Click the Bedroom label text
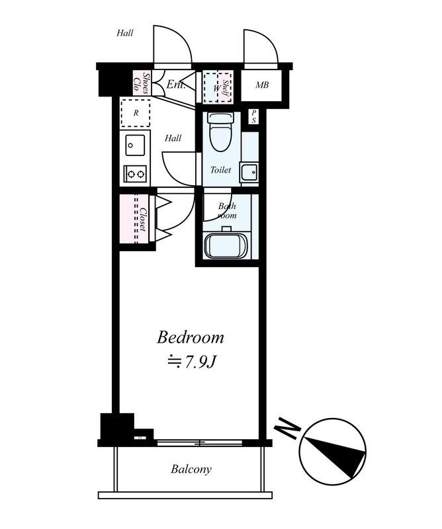coord(190,337)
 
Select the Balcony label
coord(191,469)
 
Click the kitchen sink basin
coord(135,145)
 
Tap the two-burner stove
coord(135,174)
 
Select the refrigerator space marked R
coord(136,113)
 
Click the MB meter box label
coord(262,85)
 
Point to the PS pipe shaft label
coord(253,117)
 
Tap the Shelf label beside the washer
coord(226,87)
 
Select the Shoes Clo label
coord(141,82)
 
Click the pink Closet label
coord(143,219)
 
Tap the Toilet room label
coord(220,170)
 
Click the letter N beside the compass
coord(288,428)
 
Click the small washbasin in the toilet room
coord(249,172)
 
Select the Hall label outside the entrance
coord(125,33)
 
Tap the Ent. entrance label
coord(176,84)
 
